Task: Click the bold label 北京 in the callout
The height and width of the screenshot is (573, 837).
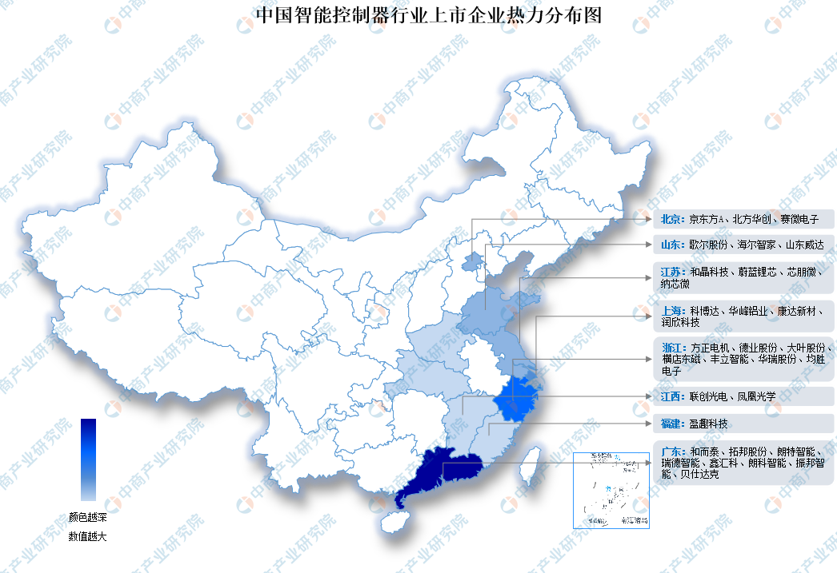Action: [671, 219]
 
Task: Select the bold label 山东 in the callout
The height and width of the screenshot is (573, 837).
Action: [671, 245]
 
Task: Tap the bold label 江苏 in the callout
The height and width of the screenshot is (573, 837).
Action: [671, 273]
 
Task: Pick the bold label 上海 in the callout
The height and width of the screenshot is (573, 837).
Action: [671, 310]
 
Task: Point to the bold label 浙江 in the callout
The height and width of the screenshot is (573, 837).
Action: [673, 348]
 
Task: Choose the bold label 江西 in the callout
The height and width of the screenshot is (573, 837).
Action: [673, 396]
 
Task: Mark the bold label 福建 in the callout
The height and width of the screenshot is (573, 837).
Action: [673, 423]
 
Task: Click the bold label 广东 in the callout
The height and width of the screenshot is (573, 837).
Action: [673, 451]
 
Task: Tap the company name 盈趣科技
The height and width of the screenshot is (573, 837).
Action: [709, 423]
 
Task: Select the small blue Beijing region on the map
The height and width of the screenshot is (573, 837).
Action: [474, 260]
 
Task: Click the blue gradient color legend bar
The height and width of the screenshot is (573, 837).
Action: [89, 460]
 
